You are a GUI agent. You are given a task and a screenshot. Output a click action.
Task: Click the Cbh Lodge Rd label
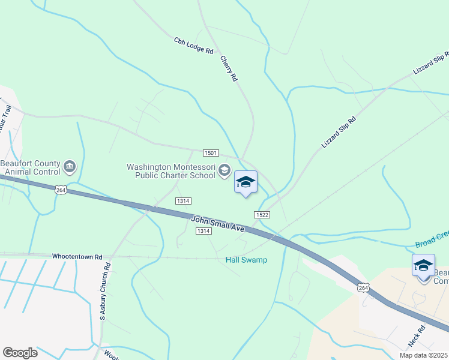click(194, 46)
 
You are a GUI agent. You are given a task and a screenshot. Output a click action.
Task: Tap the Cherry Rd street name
click(229, 69)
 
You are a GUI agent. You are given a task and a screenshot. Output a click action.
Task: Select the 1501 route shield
click(210, 154)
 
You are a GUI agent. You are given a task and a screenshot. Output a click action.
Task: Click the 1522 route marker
click(261, 215)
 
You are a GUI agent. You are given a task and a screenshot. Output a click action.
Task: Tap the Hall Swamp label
click(246, 260)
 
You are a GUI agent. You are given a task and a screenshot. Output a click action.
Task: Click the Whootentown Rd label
click(77, 256)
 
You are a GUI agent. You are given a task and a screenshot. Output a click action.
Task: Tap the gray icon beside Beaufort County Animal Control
click(70, 166)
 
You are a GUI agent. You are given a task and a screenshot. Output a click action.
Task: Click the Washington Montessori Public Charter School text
click(170, 171)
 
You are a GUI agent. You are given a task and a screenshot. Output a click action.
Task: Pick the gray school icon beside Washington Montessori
click(224, 171)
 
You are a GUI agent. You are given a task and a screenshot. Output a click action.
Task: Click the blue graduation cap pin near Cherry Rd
click(246, 182)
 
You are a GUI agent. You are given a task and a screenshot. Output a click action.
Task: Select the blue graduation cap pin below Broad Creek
click(423, 265)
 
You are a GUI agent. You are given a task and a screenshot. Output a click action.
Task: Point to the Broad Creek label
click(432, 244)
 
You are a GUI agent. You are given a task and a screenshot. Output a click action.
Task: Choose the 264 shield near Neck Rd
click(363, 289)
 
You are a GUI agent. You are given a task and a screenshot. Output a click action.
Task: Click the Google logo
click(20, 353)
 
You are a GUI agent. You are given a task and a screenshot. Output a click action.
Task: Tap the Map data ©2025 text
click(424, 355)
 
